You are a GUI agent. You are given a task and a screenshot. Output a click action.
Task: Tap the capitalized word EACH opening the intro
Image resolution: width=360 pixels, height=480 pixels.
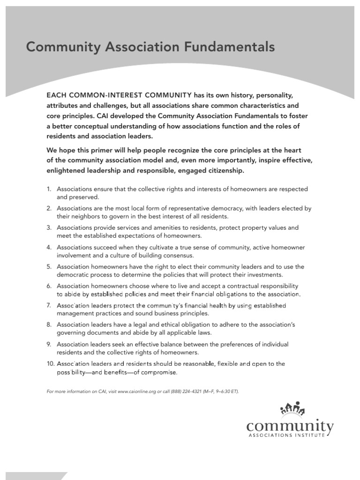(x=56, y=95)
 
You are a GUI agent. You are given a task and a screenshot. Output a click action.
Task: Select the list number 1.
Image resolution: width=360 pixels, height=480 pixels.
(x=48, y=189)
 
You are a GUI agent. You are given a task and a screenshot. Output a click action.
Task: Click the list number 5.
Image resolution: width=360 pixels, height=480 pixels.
(x=48, y=267)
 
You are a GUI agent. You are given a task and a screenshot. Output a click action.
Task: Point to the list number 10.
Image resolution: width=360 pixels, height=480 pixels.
(x=50, y=364)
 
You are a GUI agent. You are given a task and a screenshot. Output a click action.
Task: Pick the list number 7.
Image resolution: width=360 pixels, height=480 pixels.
(x=48, y=305)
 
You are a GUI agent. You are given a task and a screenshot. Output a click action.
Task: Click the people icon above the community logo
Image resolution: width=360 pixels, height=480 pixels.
(x=292, y=409)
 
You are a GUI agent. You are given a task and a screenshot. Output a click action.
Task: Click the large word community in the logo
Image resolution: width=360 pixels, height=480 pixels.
(x=290, y=426)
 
